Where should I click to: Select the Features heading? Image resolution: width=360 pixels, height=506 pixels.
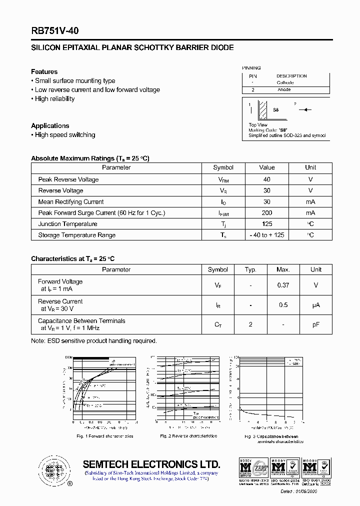(x=44, y=71)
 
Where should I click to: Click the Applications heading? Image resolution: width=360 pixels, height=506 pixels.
(x=50, y=125)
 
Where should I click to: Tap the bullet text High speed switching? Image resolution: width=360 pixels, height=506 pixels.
(x=64, y=135)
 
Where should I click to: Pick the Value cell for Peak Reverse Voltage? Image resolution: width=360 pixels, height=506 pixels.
(x=266, y=179)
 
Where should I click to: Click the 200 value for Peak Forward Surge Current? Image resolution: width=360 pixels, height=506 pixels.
(x=266, y=213)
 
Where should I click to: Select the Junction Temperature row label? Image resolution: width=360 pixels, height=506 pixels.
(x=67, y=224)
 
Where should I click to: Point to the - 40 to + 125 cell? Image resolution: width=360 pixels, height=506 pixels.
(x=266, y=235)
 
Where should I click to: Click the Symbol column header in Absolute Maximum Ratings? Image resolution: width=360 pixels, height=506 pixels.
(x=223, y=168)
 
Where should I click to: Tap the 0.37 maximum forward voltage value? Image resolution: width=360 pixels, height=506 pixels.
(x=283, y=285)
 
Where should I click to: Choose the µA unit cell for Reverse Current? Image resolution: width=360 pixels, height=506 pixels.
(x=315, y=305)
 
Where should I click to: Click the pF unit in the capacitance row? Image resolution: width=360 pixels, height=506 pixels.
(x=315, y=324)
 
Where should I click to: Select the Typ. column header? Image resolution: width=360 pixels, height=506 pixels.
(x=250, y=269)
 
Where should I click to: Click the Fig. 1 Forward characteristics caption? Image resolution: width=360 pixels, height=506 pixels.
(x=104, y=436)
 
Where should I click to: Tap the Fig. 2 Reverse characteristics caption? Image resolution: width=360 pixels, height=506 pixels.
(x=188, y=436)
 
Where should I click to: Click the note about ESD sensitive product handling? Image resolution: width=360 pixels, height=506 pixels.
(x=94, y=341)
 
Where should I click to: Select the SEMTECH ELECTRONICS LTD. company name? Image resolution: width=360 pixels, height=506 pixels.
(x=151, y=463)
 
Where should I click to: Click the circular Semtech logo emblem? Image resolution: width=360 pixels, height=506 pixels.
(x=52, y=470)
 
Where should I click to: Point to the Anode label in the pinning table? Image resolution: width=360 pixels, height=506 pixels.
(x=284, y=90)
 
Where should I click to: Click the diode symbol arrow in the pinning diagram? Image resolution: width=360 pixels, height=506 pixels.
(x=307, y=109)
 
